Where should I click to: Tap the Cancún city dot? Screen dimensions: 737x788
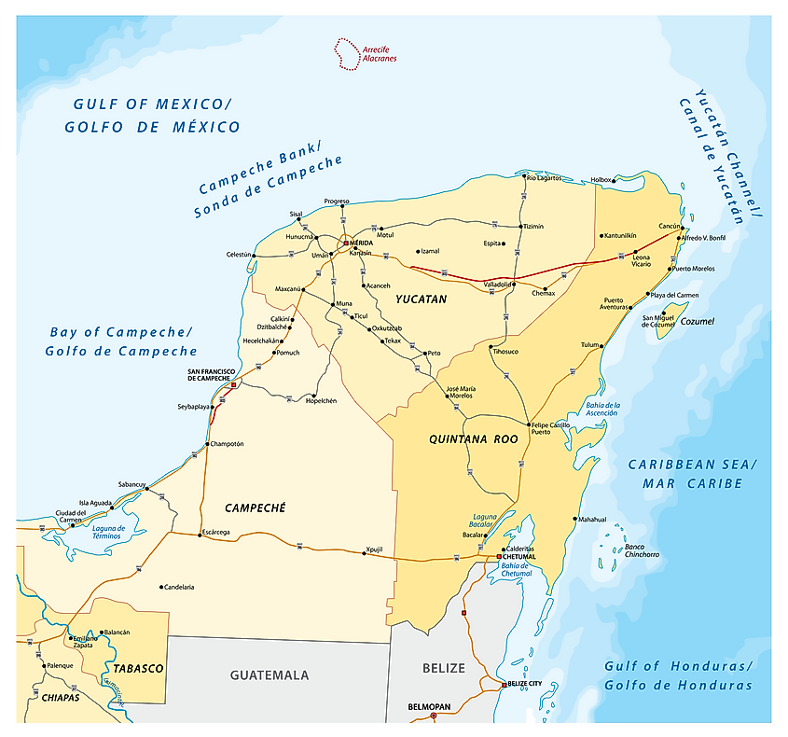(683, 228)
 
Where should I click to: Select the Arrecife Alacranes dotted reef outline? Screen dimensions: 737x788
(347, 54)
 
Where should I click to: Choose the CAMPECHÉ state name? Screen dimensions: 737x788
(255, 508)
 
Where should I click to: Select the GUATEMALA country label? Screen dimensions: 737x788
(270, 674)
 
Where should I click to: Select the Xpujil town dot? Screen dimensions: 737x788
(364, 553)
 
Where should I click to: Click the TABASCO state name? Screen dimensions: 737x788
(139, 668)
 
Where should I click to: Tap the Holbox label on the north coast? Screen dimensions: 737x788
(601, 179)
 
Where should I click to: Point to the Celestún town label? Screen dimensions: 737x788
(239, 255)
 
